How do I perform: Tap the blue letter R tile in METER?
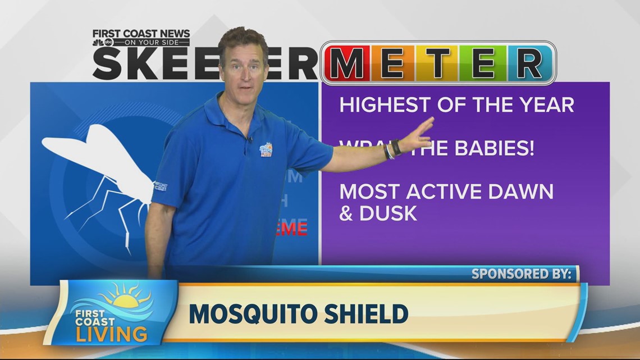click(x=528, y=62)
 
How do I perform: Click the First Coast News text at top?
click(x=141, y=34)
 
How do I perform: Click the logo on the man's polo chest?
click(x=266, y=151)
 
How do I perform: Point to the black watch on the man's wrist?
click(x=396, y=147)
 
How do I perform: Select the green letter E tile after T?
click(x=483, y=62)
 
